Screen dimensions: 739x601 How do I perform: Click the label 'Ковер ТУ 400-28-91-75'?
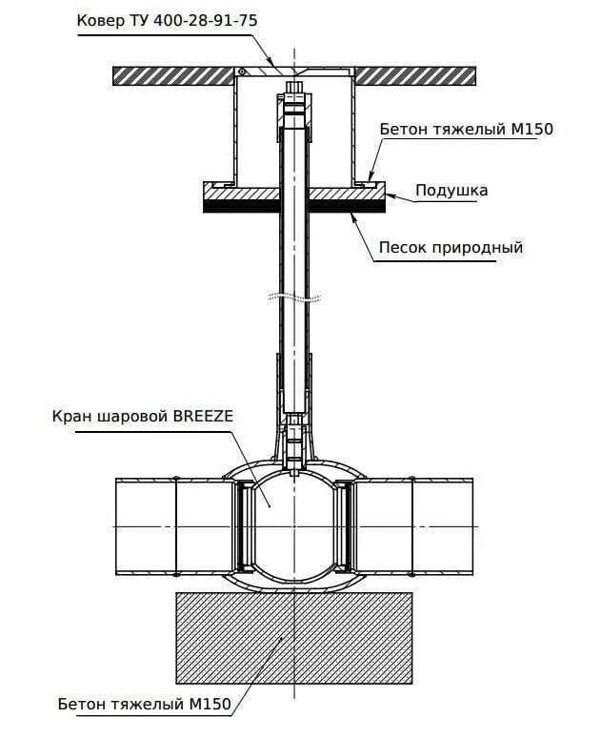[168, 19]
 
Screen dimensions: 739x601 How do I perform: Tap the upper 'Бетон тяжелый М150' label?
[466, 129]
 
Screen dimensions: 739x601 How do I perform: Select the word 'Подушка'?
[451, 190]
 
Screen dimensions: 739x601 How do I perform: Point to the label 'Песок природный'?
[451, 247]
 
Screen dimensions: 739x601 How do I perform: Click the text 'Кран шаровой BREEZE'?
[144, 417]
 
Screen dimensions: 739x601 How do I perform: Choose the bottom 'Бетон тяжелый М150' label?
[144, 705]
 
